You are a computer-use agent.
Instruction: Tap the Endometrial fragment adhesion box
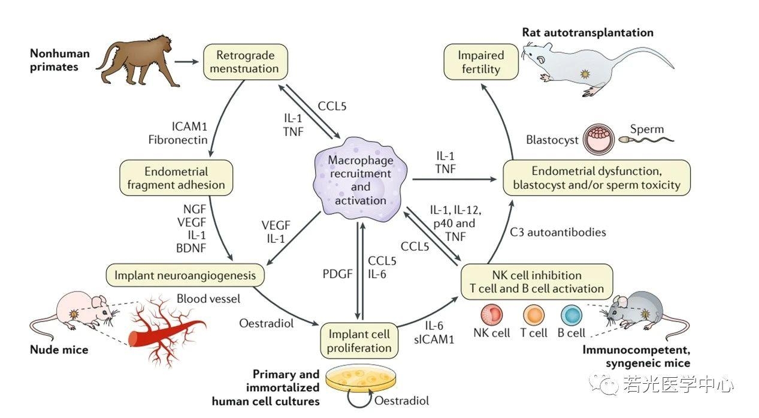click(x=176, y=178)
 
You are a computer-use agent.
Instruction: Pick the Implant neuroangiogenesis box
click(x=186, y=275)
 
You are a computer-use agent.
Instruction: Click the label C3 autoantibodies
click(x=566, y=231)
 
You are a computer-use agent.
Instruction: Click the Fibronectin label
click(x=179, y=140)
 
